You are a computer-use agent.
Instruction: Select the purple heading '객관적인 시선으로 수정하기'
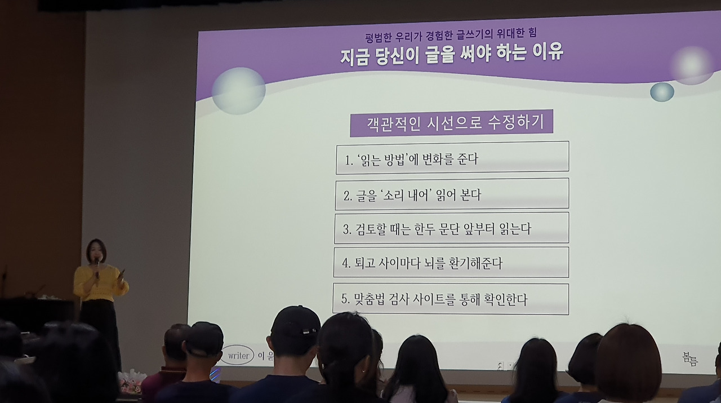(451, 123)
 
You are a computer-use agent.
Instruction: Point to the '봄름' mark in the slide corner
(690, 359)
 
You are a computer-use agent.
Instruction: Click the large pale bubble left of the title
(238, 91)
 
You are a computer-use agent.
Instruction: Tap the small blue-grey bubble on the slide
(662, 92)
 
